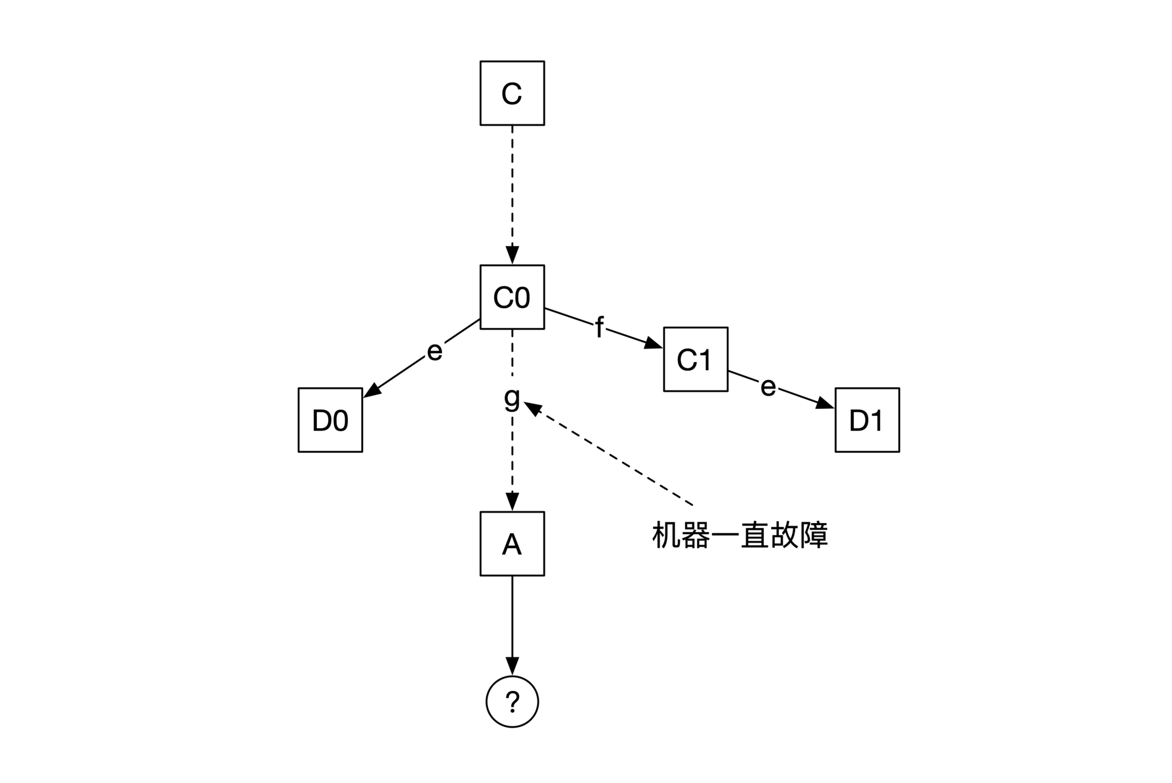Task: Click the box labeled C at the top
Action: tap(512, 93)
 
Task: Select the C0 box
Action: tap(512, 297)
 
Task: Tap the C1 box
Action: tap(695, 359)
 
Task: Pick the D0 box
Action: tap(330, 420)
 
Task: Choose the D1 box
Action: tap(867, 420)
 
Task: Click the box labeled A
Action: tap(512, 544)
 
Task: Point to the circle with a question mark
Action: tap(512, 702)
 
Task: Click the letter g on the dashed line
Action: tap(512, 398)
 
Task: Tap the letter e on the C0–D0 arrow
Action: tap(434, 351)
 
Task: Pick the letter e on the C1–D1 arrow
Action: tap(768, 386)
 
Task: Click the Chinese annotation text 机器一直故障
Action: tap(739, 535)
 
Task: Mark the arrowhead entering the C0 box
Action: tap(512, 255)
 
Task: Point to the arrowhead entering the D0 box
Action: tap(372, 391)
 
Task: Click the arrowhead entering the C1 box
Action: tap(653, 344)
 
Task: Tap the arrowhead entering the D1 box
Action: tap(825, 404)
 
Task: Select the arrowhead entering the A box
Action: tap(512, 501)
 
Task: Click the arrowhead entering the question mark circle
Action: tap(512, 666)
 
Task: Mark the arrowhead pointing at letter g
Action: tap(533, 409)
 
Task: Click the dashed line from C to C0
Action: tap(512, 185)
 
